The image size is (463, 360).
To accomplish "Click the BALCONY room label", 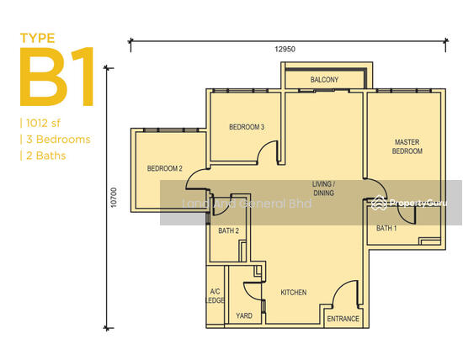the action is coord(324,80).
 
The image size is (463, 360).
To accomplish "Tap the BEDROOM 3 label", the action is coord(247,127).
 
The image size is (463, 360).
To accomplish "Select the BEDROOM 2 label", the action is coord(164,168).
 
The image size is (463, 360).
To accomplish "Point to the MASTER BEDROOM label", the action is coord(407,146).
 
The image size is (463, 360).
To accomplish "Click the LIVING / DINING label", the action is coord(323,188).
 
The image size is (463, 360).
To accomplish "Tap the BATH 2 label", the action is coord(228,230).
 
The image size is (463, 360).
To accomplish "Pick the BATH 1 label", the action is coord(386,228).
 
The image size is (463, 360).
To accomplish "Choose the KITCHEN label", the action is coord(294,293).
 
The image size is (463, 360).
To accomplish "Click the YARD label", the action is coord(244,315).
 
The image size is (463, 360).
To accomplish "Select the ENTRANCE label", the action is coord(343,319).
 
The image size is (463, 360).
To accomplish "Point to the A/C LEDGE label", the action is coord(215,296).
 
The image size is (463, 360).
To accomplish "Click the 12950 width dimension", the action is coord(285,49).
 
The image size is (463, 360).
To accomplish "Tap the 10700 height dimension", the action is coord(114,198).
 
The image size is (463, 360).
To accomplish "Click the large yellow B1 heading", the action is coord(57,77).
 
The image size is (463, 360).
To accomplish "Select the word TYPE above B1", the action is coord(38,39).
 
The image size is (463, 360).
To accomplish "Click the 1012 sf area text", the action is coord(43,123).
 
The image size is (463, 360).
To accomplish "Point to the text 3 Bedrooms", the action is coord(58,140).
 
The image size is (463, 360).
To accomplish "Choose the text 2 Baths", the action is coord(45,156).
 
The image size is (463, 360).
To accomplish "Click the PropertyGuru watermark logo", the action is coord(409,203).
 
